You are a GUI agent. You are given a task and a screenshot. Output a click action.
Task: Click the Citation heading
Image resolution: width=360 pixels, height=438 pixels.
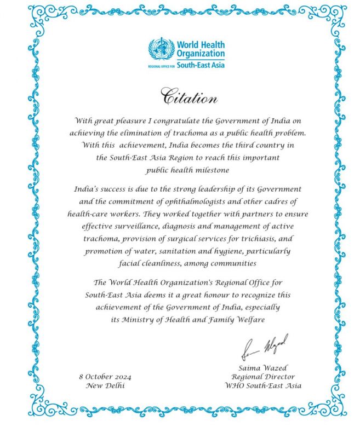pyautogui.click(x=189, y=97)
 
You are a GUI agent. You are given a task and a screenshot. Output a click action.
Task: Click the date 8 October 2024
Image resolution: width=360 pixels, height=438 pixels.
pyautogui.click(x=105, y=377)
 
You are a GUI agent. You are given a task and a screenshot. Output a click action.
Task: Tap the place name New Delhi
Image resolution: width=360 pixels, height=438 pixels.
pyautogui.click(x=105, y=385)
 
